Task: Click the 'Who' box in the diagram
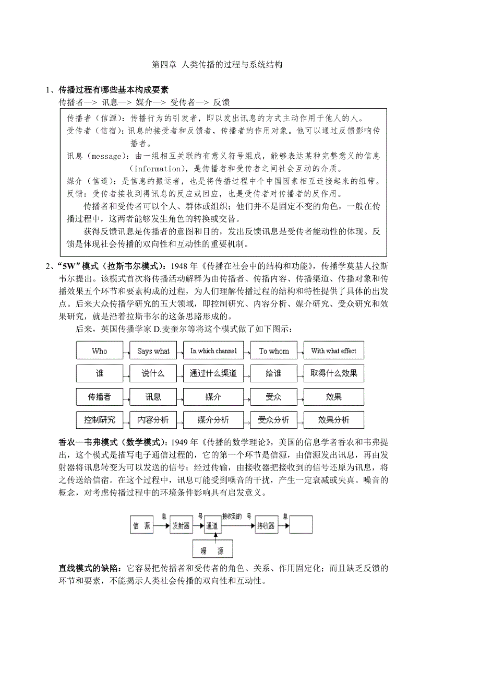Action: pos(99,351)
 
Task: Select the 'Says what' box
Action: pos(153,351)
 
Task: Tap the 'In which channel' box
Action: pos(213,351)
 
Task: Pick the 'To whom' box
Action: pos(274,351)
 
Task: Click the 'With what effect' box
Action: pos(334,351)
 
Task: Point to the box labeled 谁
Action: pos(99,373)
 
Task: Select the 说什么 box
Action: pos(153,373)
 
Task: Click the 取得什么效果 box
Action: pos(334,373)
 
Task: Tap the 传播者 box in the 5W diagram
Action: pos(99,397)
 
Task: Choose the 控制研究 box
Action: pos(99,419)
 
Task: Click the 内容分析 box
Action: pos(153,419)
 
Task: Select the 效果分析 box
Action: pos(334,419)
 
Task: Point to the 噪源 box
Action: pos(213,549)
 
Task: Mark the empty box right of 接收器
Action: pos(301,525)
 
